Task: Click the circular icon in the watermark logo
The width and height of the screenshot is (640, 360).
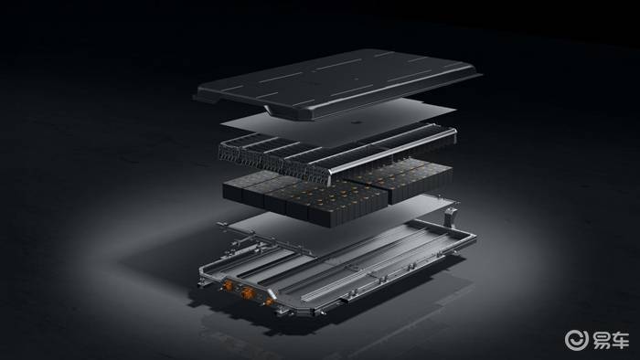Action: click(x=576, y=340)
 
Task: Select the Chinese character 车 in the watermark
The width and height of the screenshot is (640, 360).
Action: click(x=620, y=341)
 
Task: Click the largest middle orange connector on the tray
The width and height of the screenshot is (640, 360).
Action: click(x=247, y=292)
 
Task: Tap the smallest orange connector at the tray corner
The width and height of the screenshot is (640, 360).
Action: click(x=269, y=302)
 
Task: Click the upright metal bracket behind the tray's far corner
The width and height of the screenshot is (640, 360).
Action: click(x=450, y=216)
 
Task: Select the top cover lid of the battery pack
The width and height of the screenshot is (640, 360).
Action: click(x=338, y=83)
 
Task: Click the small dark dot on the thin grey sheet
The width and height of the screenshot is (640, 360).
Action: click(x=356, y=122)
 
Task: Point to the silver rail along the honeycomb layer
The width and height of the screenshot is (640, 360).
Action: click(x=392, y=151)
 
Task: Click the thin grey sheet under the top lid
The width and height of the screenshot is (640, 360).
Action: click(x=339, y=122)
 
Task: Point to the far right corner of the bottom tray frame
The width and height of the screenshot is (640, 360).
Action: click(x=475, y=238)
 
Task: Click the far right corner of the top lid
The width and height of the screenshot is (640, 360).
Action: click(x=481, y=75)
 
